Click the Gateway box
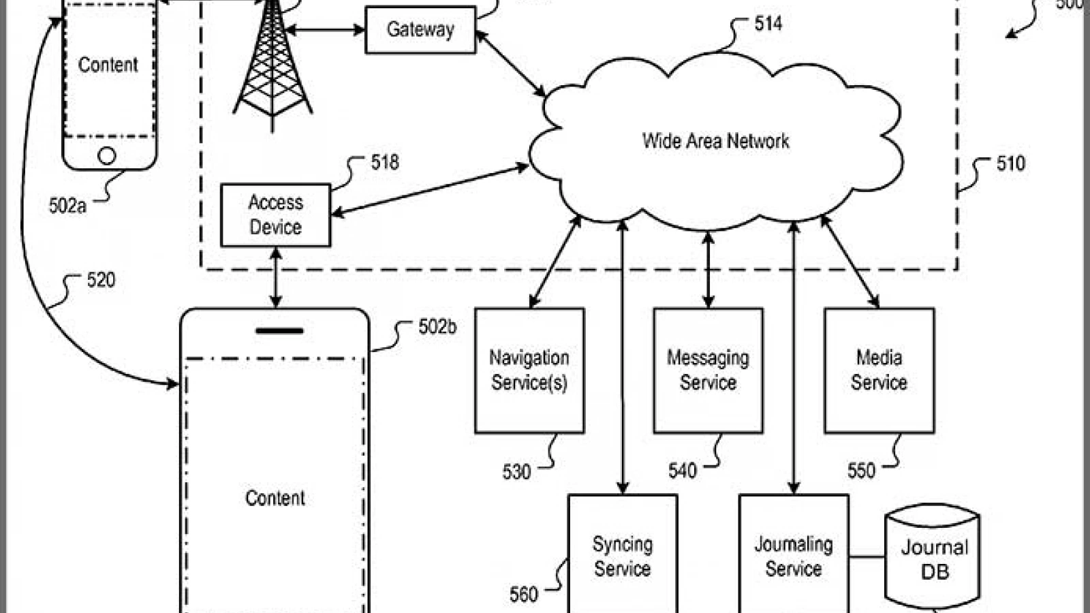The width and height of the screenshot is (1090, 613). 420,30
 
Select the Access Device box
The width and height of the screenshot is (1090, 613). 275,215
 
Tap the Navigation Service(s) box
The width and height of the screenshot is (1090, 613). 529,371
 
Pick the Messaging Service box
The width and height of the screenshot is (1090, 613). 708,371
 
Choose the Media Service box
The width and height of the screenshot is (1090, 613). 879,371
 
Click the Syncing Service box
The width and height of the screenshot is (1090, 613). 623,554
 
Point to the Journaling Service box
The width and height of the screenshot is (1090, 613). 794,554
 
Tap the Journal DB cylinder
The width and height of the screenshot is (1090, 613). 933,557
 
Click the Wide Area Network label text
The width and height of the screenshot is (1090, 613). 715,141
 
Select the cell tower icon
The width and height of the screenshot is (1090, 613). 272,63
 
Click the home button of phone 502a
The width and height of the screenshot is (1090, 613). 107,156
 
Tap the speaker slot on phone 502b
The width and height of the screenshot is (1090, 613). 279,331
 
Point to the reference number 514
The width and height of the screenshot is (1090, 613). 768,24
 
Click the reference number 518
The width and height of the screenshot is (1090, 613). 385,163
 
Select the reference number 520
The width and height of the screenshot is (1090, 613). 102,280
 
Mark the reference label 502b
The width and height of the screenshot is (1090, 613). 437,327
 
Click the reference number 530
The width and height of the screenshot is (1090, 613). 516,472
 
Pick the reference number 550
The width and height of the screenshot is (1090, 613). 861,471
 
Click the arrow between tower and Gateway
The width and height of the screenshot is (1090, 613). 324,30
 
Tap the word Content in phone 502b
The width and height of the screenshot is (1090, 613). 275,498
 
